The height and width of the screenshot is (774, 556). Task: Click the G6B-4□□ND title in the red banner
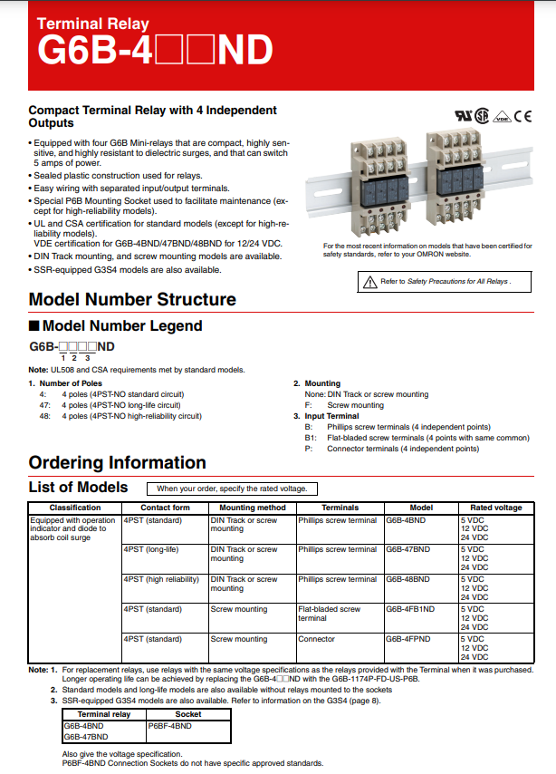[x=154, y=52]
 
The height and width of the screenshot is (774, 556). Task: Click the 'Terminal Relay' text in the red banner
[x=93, y=24]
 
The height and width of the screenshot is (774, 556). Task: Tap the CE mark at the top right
[x=523, y=116]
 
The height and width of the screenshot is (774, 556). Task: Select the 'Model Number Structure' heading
[x=132, y=300]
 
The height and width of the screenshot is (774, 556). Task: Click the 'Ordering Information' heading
[x=118, y=462]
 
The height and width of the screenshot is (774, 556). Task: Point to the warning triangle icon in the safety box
[x=369, y=283]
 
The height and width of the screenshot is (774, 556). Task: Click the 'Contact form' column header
[x=165, y=508]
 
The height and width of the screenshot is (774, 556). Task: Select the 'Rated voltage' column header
[x=495, y=508]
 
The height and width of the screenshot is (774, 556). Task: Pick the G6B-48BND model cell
[x=407, y=579]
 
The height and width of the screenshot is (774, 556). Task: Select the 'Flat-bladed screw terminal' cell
[x=329, y=614]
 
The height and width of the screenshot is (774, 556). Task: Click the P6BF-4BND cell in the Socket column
[x=169, y=726]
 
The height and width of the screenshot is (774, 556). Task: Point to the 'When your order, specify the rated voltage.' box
[x=232, y=489]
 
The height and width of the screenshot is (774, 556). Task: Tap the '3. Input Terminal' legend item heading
[x=331, y=416]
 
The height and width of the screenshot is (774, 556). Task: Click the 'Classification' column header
[x=75, y=508]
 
